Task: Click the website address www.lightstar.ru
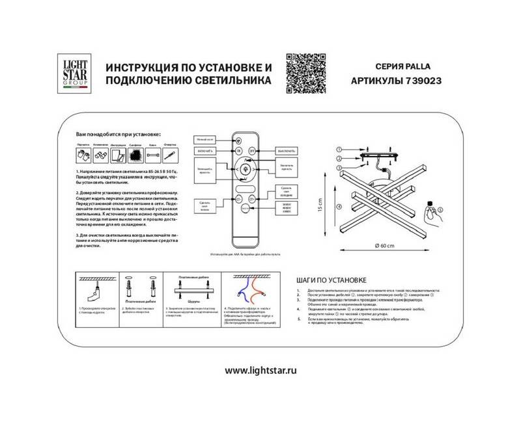pyautogui.click(x=260, y=370)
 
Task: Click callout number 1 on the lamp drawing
pyautogui.click(x=339, y=149)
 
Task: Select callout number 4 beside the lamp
pyautogui.click(x=339, y=207)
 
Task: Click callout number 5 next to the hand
pyautogui.click(x=440, y=209)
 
